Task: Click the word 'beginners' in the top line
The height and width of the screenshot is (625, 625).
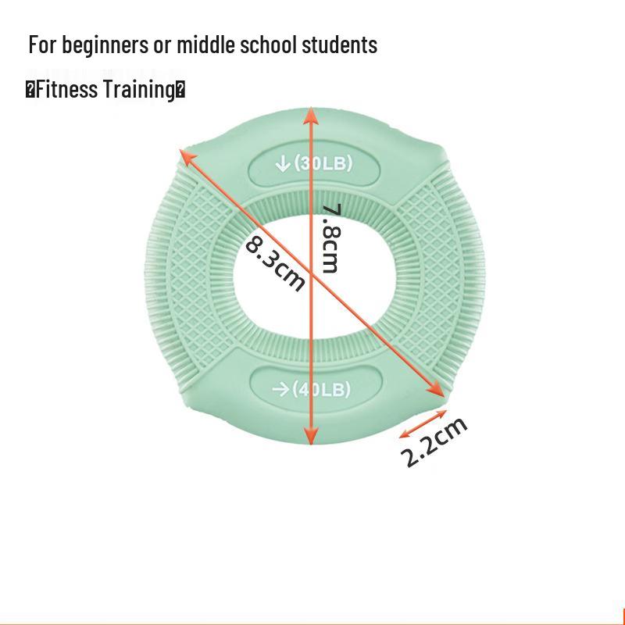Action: pos(105,45)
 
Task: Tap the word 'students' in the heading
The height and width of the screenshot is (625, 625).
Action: pos(339,45)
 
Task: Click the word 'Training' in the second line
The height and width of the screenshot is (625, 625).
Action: pos(140,90)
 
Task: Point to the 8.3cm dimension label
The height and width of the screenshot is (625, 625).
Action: pos(274,262)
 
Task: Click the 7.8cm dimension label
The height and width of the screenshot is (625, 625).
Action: pos(331,238)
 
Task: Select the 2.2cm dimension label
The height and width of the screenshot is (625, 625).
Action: pos(434,441)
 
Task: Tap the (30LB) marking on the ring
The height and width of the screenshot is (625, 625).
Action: pos(323,163)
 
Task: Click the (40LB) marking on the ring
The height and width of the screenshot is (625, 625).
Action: pos(321,389)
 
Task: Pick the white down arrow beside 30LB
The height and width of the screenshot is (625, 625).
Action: pos(283,163)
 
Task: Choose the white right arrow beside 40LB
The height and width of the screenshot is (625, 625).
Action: pos(280,389)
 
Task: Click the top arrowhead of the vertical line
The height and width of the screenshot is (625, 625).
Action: pos(310,115)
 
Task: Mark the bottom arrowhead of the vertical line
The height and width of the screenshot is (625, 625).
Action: pos(311,435)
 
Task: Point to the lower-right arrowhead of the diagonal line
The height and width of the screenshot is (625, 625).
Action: pos(436,389)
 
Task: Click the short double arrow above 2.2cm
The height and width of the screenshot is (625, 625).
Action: pos(423,424)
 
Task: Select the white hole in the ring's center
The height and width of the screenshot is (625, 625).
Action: pos(314,276)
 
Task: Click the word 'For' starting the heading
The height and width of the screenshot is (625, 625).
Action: pos(42,45)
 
